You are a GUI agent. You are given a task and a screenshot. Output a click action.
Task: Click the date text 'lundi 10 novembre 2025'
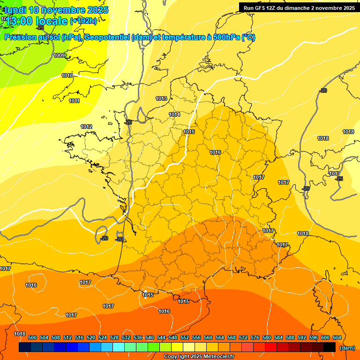pyautogui.click(x=56, y=10)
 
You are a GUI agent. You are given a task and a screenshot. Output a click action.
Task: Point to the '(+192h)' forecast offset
pyautogui.click(x=83, y=21)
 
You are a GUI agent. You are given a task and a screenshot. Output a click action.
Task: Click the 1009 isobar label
pyautogui.click(x=59, y=56)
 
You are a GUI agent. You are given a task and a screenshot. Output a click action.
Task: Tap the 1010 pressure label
pyautogui.click(x=67, y=75)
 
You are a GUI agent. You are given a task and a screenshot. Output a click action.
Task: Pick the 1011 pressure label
pyautogui.click(x=74, y=101)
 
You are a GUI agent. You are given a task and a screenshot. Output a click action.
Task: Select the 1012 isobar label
pyautogui.click(x=86, y=127)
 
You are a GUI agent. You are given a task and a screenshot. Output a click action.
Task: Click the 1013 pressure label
pyautogui.click(x=161, y=98)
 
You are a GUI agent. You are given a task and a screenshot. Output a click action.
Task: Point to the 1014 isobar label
pyautogui.click(x=174, y=114)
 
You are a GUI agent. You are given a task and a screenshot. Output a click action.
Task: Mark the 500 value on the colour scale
pyautogui.click(x=32, y=338)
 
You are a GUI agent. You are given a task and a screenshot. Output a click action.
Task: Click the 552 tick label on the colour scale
pyautogui.click(x=185, y=338)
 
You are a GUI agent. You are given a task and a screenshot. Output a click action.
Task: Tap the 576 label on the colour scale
pyautogui.click(x=255, y=338)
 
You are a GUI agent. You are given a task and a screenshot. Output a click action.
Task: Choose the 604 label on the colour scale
pyautogui.click(x=337, y=338)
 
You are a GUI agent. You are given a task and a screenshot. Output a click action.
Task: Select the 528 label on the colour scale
pyautogui.click(x=114, y=338)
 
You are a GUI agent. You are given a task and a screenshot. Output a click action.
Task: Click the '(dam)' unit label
pyautogui.click(x=347, y=348)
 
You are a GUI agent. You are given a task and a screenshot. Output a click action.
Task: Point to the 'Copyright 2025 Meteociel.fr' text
pyautogui.click(x=199, y=356)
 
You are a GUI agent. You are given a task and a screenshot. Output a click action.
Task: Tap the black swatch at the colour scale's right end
pyautogui.click(x=330, y=347)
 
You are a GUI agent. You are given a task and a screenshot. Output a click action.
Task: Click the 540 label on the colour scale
pyautogui.click(x=150, y=338)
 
